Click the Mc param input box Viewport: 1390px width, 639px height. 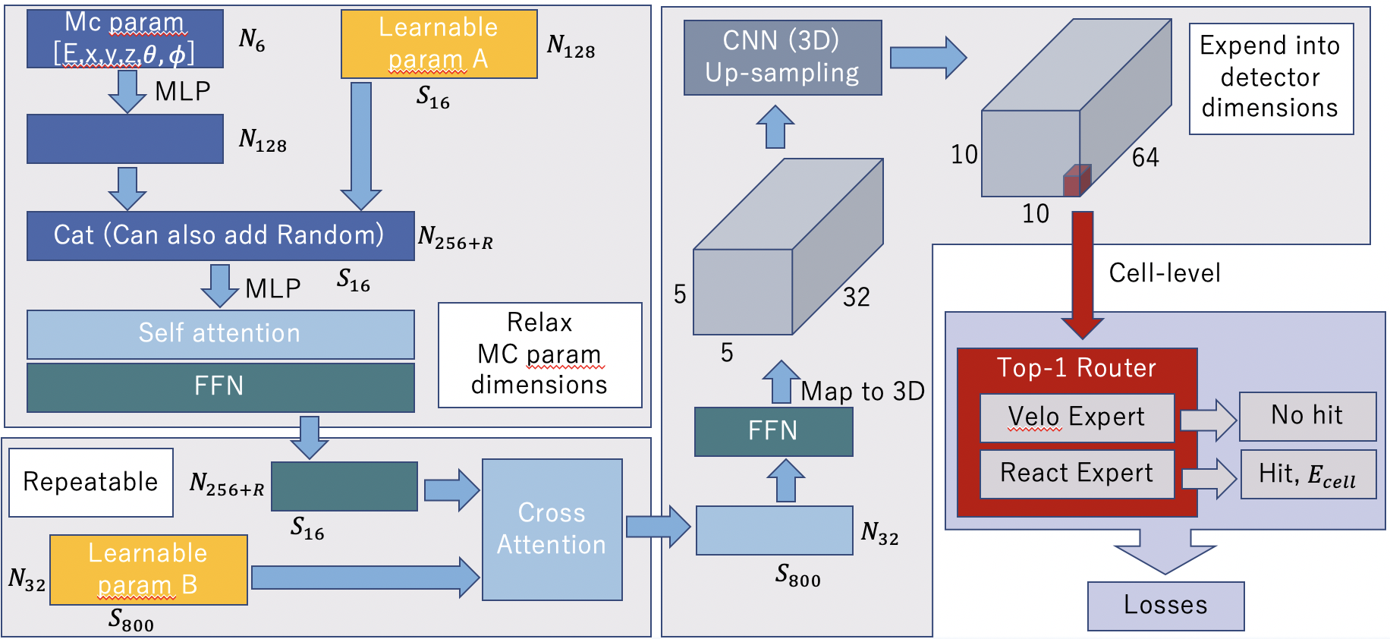[x=125, y=39]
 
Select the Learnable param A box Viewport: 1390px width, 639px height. [x=439, y=44]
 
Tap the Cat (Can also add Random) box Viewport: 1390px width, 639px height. [x=220, y=236]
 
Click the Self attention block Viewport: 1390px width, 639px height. [x=220, y=334]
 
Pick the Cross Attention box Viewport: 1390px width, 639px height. [x=552, y=529]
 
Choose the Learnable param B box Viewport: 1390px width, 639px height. [x=148, y=569]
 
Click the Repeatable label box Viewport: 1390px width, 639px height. [x=91, y=482]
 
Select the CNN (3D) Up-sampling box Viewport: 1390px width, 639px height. [x=782, y=58]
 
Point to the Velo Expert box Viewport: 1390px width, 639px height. [x=1077, y=417]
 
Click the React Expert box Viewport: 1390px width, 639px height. [x=1077, y=474]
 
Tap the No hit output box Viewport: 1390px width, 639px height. [x=1307, y=416]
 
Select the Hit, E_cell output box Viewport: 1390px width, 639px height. [x=1307, y=474]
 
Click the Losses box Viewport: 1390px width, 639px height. [x=1165, y=606]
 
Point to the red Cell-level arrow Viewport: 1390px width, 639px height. [x=1083, y=273]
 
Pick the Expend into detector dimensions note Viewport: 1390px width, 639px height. [x=1271, y=78]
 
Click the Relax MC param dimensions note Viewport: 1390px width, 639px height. [x=539, y=354]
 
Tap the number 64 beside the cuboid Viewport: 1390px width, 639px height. [x=1145, y=158]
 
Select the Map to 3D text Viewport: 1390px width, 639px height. [x=863, y=392]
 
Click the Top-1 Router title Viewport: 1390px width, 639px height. [x=1076, y=368]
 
